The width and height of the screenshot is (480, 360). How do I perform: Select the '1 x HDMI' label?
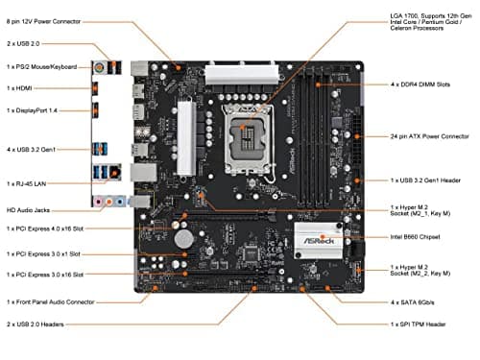click(x=22, y=88)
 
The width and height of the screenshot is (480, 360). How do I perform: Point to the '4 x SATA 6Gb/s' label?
click(x=417, y=302)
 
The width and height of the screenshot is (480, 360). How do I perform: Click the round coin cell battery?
click(x=199, y=235)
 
